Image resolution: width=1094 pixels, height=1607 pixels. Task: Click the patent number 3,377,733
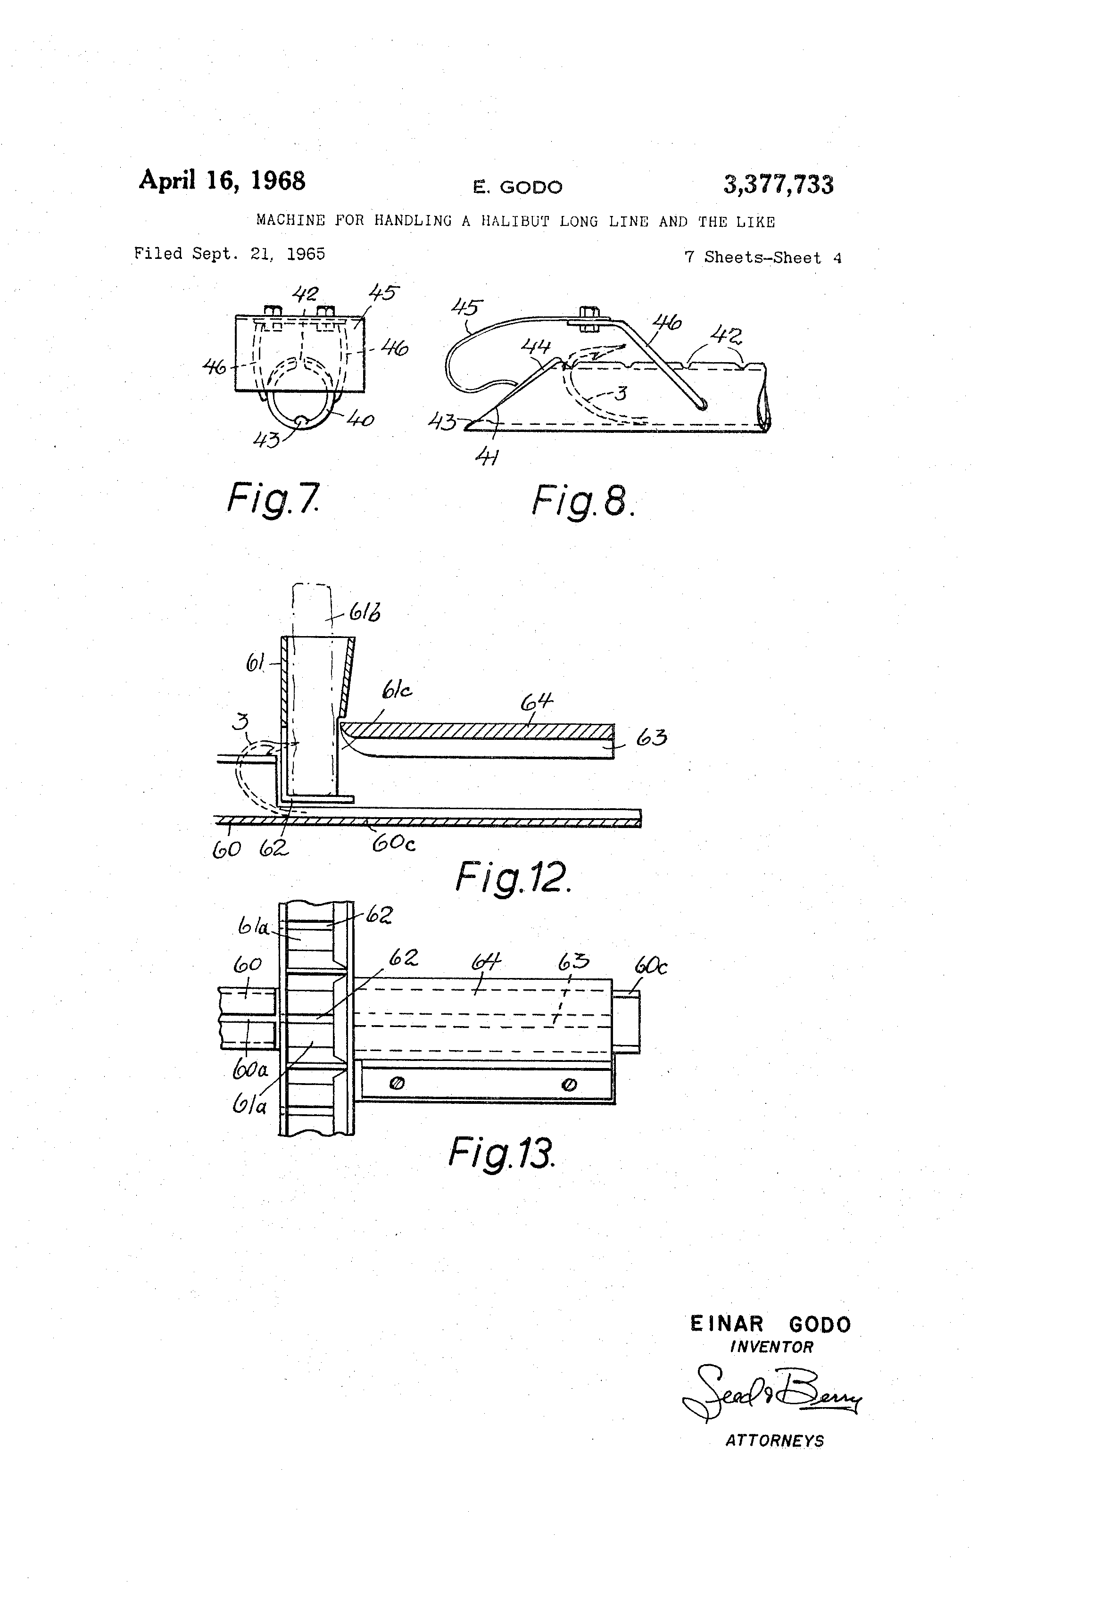[778, 185]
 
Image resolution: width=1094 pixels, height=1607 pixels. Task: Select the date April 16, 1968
[222, 181]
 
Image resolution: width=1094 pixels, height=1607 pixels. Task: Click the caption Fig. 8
[582, 501]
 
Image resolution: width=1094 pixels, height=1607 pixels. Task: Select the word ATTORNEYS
[774, 1441]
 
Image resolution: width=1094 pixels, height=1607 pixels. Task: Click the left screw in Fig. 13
[397, 1084]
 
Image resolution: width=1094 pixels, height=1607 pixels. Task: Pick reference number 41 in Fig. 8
[488, 457]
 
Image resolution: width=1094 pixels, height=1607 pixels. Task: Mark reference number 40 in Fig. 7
[360, 419]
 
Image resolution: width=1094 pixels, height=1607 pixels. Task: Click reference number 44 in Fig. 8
[535, 346]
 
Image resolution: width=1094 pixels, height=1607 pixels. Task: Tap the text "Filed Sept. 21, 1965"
[229, 254]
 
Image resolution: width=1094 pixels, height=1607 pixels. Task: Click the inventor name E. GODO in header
[517, 187]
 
